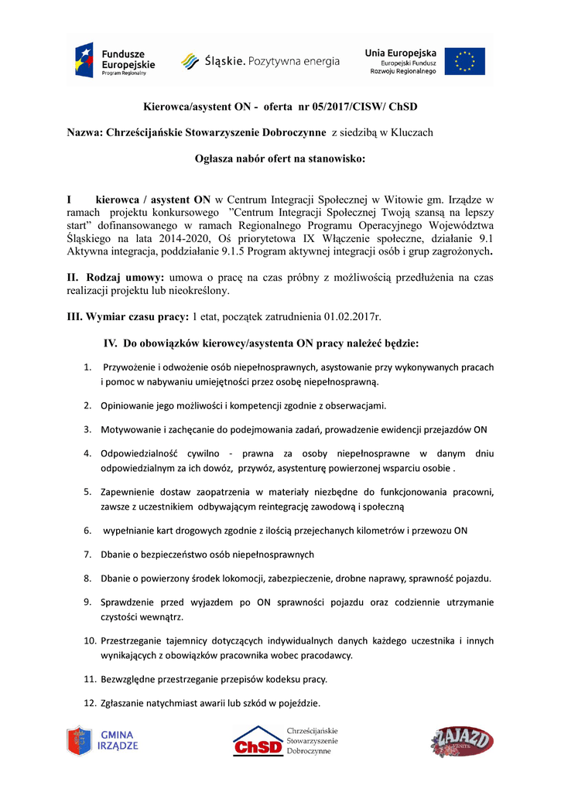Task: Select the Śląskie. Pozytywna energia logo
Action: tap(260, 61)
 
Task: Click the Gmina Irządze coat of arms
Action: tap(79, 740)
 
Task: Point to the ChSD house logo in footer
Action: tap(258, 741)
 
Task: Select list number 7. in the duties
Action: tap(87, 554)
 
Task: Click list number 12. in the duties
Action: tap(89, 703)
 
